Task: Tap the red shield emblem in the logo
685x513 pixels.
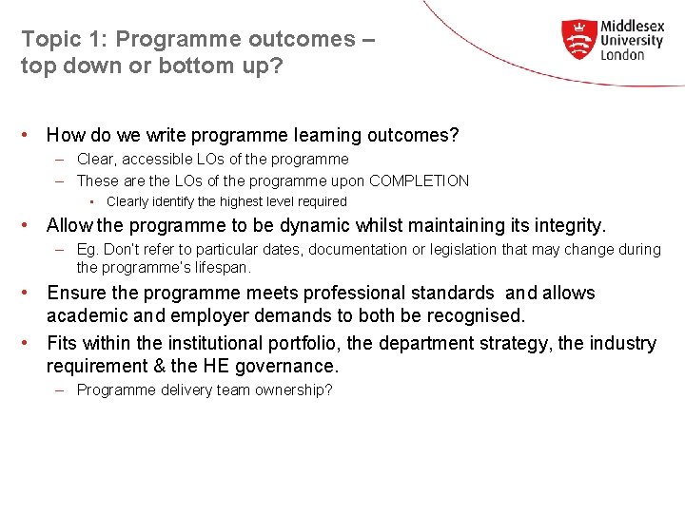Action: [x=577, y=40]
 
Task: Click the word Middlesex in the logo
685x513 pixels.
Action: [x=632, y=27]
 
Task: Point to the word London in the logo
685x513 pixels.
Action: [x=623, y=55]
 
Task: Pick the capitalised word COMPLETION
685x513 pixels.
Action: [x=419, y=180]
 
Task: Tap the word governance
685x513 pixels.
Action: [x=289, y=366]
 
